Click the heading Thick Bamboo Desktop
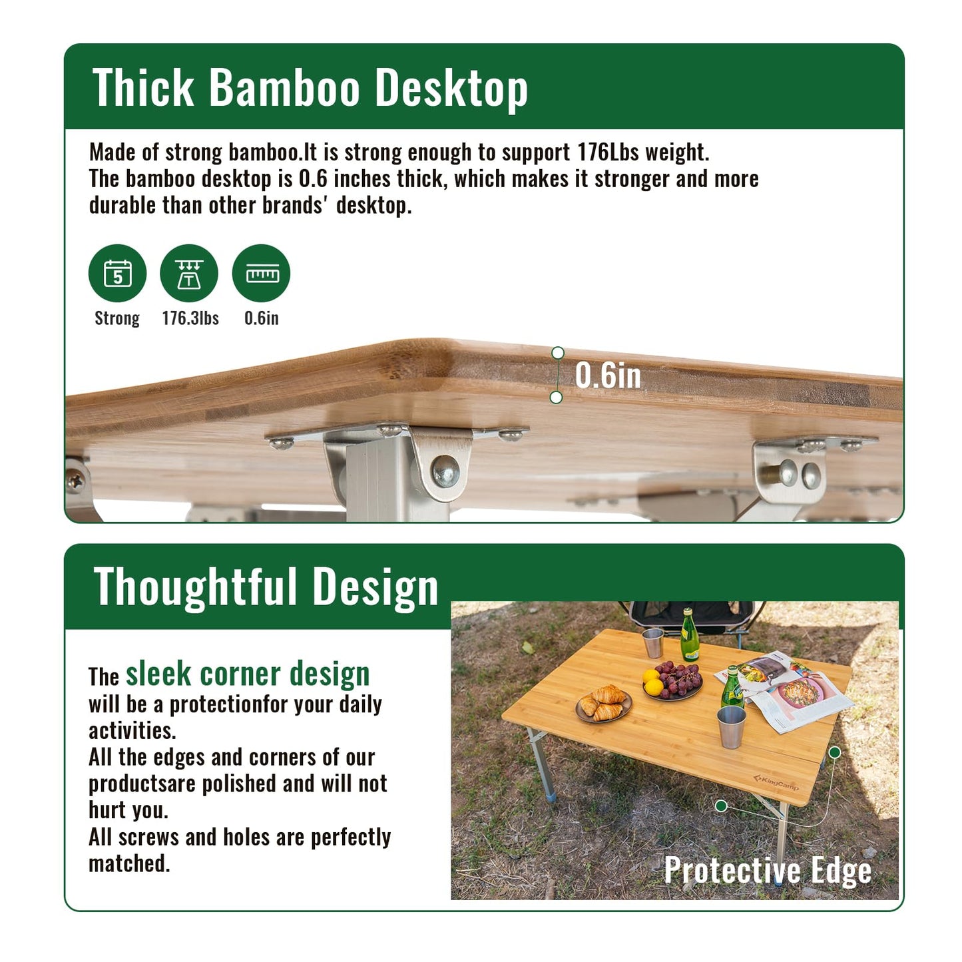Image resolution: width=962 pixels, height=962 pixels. coord(310,87)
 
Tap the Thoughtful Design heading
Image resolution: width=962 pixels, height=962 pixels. coord(266,587)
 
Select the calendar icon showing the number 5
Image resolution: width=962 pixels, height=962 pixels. coord(118,274)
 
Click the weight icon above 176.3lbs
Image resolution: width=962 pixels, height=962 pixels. coord(189,274)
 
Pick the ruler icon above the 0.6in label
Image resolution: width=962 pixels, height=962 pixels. coord(262,274)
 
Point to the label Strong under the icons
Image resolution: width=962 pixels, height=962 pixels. coord(117,318)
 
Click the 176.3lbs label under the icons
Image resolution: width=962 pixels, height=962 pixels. coord(190,318)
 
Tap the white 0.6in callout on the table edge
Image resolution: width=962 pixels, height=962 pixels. coord(608,375)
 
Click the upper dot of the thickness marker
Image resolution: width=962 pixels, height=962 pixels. coord(558,352)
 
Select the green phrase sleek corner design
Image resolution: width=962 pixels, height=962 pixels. coord(248,674)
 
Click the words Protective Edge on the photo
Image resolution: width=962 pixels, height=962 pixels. coord(768,870)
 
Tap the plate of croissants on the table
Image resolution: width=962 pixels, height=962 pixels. coord(604,704)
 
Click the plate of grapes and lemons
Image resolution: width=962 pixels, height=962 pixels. coord(673,681)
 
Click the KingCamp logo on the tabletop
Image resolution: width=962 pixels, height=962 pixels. coord(776,782)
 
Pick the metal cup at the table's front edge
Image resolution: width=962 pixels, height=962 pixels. coord(732,726)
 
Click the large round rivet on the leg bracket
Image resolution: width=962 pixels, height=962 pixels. coord(445,470)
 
